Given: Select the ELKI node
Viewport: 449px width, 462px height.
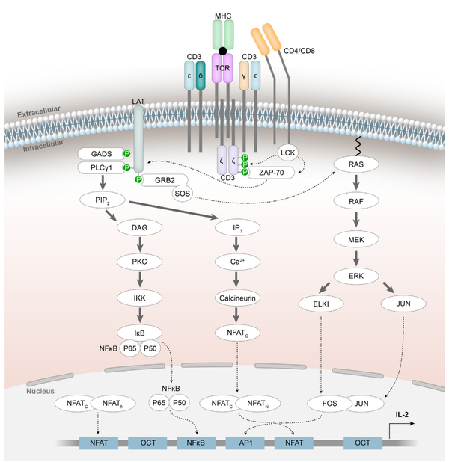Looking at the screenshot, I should coord(323,304).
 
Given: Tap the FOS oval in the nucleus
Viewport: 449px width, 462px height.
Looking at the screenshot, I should coord(328,404).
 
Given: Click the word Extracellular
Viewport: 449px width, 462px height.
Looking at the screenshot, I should coord(44,115).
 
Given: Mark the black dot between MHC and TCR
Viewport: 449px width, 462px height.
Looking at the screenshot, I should coord(223,52).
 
